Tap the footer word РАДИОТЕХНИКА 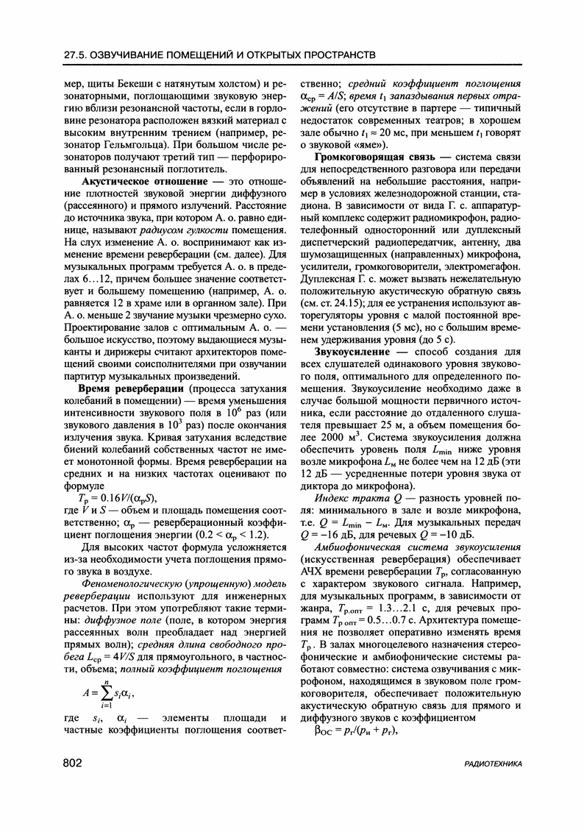[494, 764]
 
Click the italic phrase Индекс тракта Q [352, 497]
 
